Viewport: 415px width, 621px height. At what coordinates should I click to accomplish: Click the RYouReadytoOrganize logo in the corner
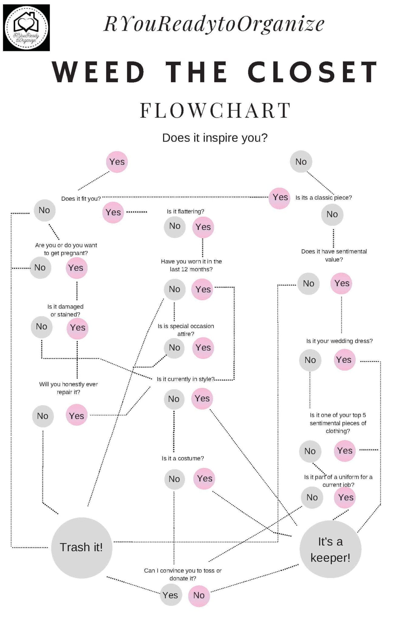[x=26, y=28]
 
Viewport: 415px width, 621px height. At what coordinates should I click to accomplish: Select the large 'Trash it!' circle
[x=81, y=547]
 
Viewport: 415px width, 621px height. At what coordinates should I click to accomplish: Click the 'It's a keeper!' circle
[x=330, y=549]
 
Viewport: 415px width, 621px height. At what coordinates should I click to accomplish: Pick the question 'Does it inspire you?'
[x=215, y=138]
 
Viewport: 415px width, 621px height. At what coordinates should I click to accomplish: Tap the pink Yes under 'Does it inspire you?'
[x=117, y=162]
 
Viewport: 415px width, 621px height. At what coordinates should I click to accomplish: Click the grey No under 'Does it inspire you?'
[x=301, y=162]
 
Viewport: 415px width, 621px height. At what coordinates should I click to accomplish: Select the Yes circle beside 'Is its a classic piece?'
[x=280, y=197]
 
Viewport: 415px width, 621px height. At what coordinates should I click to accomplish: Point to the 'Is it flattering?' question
[x=185, y=211]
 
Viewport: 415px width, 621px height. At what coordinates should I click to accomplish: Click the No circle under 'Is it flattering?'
[x=175, y=226]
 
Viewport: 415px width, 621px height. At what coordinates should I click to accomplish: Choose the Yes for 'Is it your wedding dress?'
[x=344, y=360]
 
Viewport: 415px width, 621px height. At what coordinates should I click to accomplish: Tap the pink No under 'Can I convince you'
[x=199, y=595]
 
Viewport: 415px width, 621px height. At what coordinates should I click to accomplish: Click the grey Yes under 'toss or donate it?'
[x=171, y=595]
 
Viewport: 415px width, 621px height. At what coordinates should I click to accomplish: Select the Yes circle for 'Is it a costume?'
[x=204, y=478]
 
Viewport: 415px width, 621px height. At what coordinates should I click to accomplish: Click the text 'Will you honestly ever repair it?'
[x=68, y=388]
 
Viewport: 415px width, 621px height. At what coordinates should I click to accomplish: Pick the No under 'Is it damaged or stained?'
[x=42, y=327]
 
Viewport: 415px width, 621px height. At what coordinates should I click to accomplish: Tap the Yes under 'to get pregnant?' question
[x=76, y=268]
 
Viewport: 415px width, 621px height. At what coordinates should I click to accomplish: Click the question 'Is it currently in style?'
[x=185, y=379]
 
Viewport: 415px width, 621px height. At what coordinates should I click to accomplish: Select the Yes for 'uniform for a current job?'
[x=345, y=497]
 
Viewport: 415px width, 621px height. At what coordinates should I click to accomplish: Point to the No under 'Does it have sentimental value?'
[x=308, y=284]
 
